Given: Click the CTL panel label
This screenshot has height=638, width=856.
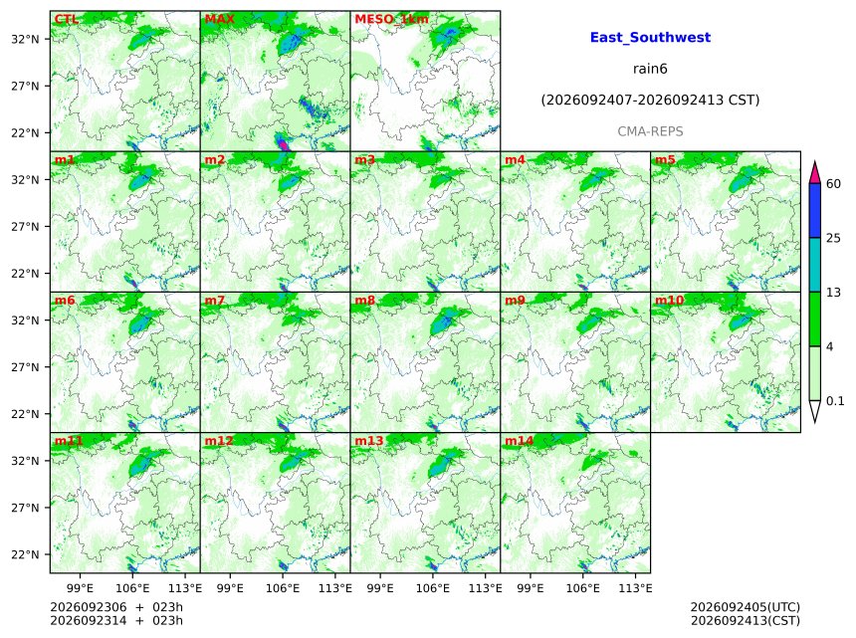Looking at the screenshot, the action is point(67,19).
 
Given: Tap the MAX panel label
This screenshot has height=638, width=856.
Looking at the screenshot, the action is point(219,19).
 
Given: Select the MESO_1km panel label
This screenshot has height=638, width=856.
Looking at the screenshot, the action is point(391,20).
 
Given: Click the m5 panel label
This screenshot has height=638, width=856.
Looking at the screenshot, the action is point(665,160).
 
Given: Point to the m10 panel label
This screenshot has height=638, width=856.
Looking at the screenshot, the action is point(669,301).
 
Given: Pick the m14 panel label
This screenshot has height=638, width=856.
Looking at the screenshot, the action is point(520,441).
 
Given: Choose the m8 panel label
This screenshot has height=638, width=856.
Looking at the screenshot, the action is point(365,301).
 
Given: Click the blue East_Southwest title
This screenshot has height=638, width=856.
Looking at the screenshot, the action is point(650,38).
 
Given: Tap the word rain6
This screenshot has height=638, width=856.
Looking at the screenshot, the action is point(650,69).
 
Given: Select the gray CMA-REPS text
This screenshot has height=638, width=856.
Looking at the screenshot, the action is point(650,131).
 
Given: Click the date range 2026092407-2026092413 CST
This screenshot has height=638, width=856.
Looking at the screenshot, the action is point(650,101).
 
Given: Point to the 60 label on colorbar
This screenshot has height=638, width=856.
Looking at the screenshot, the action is point(834,183).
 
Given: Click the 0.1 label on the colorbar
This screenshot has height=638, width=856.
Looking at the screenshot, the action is point(835,401).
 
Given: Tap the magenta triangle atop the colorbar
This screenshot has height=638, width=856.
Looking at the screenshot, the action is point(815,173).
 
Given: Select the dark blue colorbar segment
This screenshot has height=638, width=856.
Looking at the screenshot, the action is point(815,211).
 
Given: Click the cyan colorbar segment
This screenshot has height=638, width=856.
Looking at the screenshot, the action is point(815,265).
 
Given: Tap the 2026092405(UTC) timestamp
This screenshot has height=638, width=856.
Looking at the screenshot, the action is point(746,607).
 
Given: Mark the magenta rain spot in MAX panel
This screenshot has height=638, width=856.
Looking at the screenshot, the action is point(283,143).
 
